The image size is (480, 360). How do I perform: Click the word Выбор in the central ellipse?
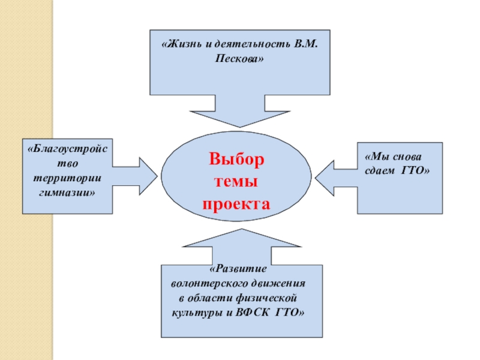[236, 160]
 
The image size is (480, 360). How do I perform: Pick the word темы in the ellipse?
[236, 182]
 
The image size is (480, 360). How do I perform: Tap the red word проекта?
[236, 203]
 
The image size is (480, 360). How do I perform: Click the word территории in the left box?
[67, 179]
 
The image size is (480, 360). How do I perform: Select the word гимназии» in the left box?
[67, 194]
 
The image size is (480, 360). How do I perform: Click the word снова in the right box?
[407, 157]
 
